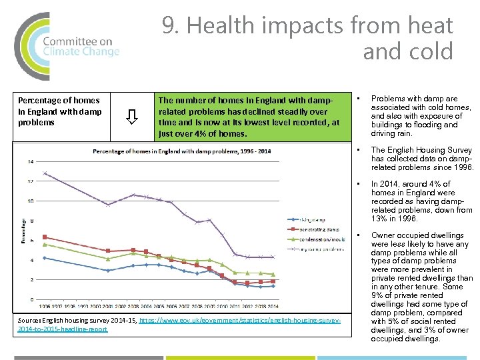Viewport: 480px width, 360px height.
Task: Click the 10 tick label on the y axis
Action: click(31, 201)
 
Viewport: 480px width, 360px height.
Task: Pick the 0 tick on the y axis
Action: click(32, 299)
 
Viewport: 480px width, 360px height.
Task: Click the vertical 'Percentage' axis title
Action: click(24, 231)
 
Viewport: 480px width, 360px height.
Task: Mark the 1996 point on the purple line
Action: click(44, 173)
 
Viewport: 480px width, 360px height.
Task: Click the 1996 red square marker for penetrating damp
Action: click(44, 237)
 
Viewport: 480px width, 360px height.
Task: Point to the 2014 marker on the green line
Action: click(272, 274)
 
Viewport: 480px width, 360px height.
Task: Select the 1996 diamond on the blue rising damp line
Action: click(44, 258)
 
